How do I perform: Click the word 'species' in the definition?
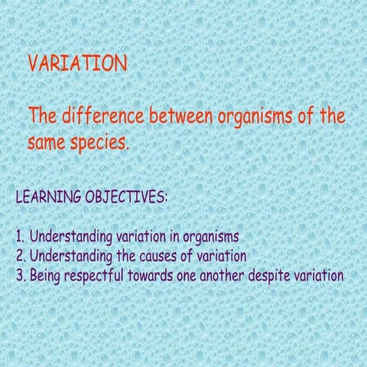coord(99,142)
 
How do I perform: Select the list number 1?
coord(21,235)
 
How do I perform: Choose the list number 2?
coord(21,255)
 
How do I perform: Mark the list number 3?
coord(21,274)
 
